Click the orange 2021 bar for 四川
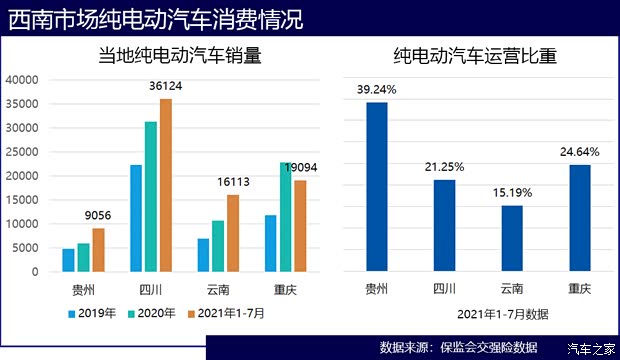point(166,185)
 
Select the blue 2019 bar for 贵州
point(68,260)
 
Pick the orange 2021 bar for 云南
point(233,233)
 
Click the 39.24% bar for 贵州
point(377,187)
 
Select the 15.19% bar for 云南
point(511,238)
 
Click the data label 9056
point(98,216)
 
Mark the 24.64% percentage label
point(580,152)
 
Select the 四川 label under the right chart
point(444,289)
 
